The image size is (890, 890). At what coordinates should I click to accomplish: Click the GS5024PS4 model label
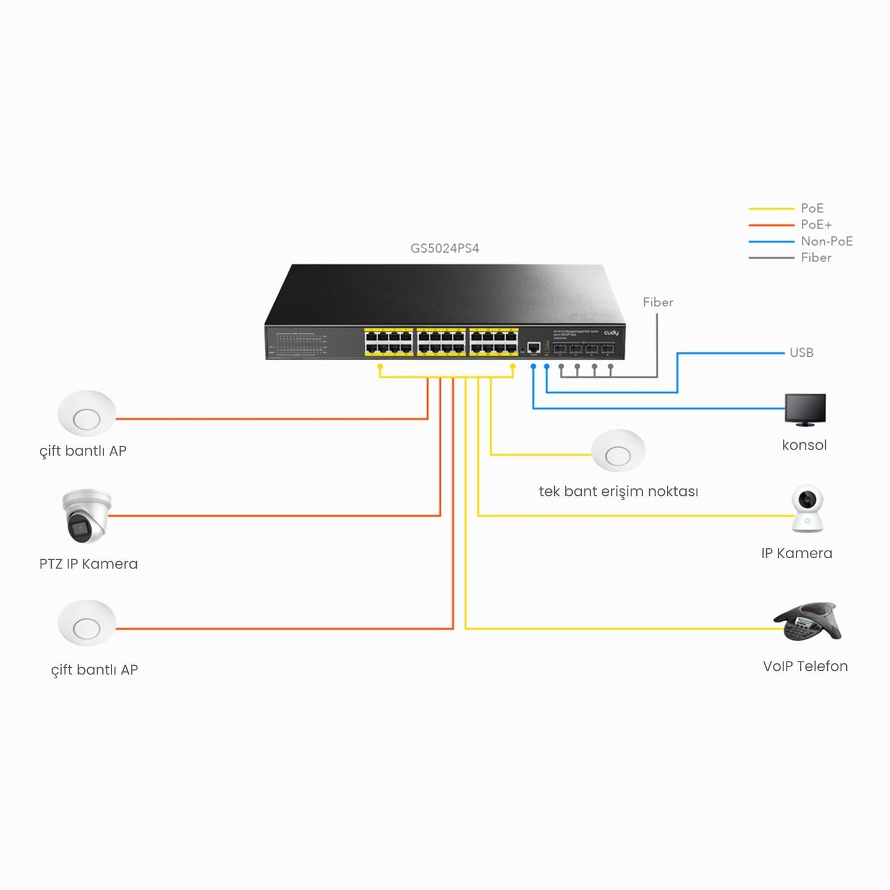pos(444,248)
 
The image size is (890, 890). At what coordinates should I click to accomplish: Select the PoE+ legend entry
pos(815,225)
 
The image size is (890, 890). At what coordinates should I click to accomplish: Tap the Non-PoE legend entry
pos(826,241)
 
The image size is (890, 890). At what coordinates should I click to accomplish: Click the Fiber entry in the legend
pos(815,258)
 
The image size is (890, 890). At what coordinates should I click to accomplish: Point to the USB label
pos(801,353)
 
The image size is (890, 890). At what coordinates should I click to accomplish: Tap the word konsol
pos(804,445)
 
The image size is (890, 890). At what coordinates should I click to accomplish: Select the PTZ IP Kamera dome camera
pos(86,516)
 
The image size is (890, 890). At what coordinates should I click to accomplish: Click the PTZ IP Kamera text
pos(88,564)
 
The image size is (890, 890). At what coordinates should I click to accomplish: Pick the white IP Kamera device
pos(807,509)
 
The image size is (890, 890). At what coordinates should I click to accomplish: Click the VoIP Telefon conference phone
pos(807,622)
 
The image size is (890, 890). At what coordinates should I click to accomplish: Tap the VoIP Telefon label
pos(805,666)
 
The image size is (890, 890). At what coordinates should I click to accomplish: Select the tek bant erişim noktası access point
pos(618,451)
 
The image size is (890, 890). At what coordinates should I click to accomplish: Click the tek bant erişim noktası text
pos(618,492)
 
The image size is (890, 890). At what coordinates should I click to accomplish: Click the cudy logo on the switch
pos(611,333)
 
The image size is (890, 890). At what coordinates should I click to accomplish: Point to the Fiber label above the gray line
pos(658,302)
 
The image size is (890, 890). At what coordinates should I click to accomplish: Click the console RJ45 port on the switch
pos(534,347)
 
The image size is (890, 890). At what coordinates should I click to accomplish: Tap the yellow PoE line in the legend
pos(771,209)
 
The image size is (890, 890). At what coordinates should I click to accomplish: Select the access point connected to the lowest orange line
pos(87,623)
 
